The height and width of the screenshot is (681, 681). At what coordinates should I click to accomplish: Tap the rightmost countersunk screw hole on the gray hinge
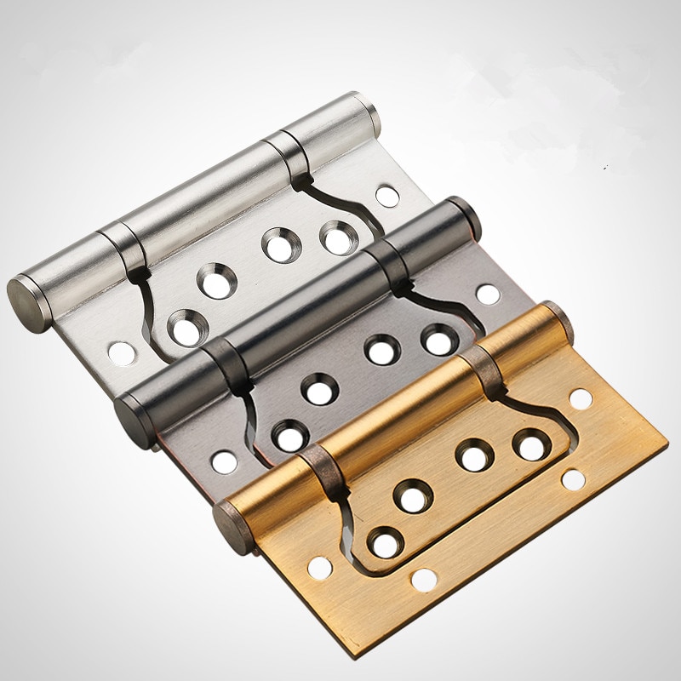pyautogui.click(x=437, y=339)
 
